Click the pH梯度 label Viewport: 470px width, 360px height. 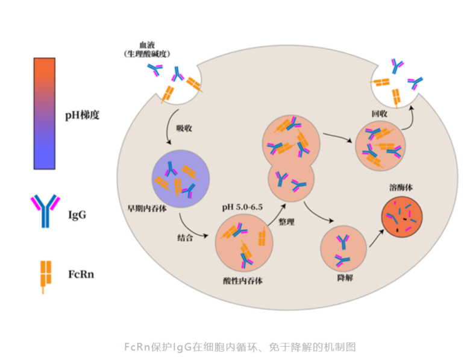[82, 115]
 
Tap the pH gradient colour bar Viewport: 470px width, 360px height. [45, 113]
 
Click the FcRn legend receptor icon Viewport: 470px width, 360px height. [46, 277]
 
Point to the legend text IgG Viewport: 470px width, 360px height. [77, 215]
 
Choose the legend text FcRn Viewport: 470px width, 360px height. [81, 274]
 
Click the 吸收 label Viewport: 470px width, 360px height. [184, 128]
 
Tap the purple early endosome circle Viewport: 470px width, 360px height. [181, 179]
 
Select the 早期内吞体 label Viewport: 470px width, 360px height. [147, 209]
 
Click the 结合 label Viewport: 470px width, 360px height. [185, 238]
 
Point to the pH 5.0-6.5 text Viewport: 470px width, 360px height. [242, 207]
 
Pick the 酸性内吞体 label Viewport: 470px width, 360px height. [243, 281]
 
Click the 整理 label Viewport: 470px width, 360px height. [286, 222]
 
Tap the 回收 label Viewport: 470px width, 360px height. [379, 114]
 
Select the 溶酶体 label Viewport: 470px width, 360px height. [401, 188]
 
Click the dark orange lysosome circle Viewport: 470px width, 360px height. [402, 217]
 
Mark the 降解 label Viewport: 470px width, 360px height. [345, 278]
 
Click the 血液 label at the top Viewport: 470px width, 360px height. [147, 45]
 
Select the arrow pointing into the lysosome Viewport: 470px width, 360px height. [377, 238]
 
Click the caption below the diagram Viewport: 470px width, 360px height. [240, 347]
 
